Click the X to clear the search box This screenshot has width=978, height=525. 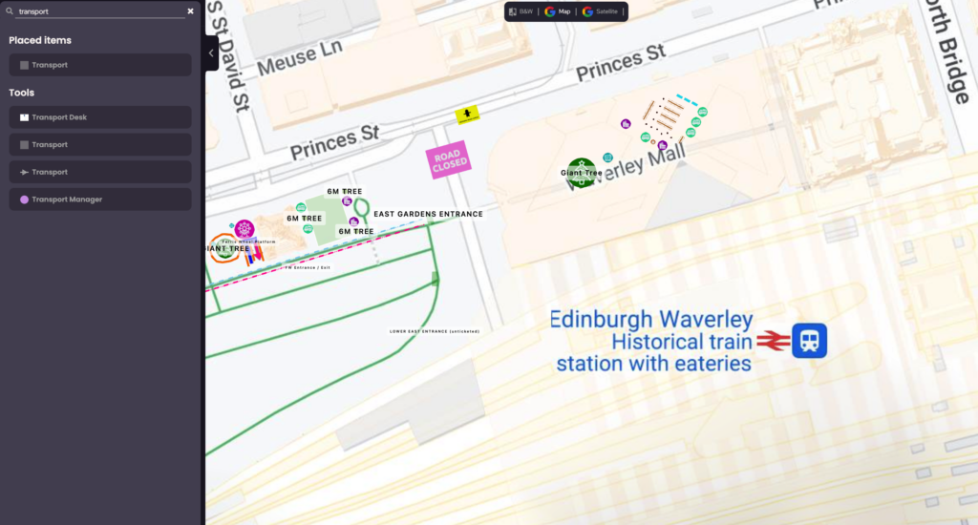click(x=190, y=11)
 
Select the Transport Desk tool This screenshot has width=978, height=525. click(x=99, y=117)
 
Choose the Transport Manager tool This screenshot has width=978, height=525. click(x=99, y=199)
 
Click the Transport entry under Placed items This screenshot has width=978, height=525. click(x=99, y=65)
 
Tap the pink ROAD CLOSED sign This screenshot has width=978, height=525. click(x=449, y=161)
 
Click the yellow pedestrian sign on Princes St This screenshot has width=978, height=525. click(x=467, y=114)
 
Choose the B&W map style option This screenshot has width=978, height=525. click(x=521, y=11)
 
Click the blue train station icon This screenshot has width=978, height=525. click(x=810, y=341)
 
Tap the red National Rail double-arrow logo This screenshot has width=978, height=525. click(x=775, y=341)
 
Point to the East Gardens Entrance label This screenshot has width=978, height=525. click(x=428, y=214)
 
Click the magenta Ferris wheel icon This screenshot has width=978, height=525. click(x=244, y=229)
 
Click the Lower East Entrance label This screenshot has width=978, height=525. click(x=435, y=331)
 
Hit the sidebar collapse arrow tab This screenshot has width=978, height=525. click(x=211, y=53)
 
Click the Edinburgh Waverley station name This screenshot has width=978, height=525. click(x=651, y=320)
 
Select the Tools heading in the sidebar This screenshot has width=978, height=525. click(x=22, y=93)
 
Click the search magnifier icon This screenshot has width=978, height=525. click(x=10, y=11)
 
